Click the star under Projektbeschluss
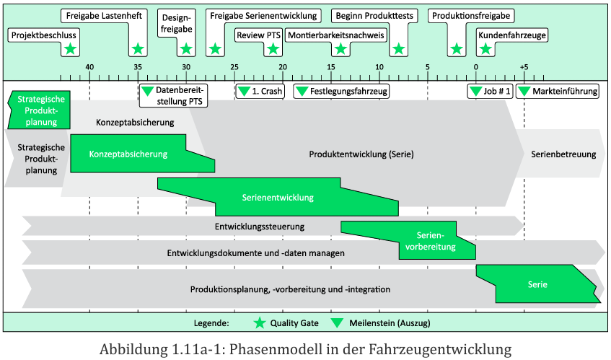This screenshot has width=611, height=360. [69, 49]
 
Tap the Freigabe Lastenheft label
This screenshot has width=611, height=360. [102, 15]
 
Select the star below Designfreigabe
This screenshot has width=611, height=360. [186, 49]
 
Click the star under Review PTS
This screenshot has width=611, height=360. [273, 49]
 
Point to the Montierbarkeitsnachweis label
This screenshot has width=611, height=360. [335, 35]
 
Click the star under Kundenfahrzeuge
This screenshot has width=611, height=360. [486, 49]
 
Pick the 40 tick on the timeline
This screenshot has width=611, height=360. [89, 67]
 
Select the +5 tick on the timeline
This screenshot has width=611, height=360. [524, 67]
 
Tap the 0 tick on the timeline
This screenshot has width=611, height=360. [476, 67]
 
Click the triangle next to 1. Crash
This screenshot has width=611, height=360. [244, 92]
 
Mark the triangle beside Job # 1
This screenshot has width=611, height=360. [476, 92]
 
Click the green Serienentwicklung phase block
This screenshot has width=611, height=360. [278, 196]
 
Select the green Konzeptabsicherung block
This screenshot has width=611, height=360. [128, 154]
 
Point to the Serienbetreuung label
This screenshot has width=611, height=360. [563, 154]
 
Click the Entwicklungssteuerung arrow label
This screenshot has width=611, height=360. [259, 227]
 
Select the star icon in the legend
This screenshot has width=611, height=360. [260, 322]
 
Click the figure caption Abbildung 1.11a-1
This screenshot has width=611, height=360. [305, 350]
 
